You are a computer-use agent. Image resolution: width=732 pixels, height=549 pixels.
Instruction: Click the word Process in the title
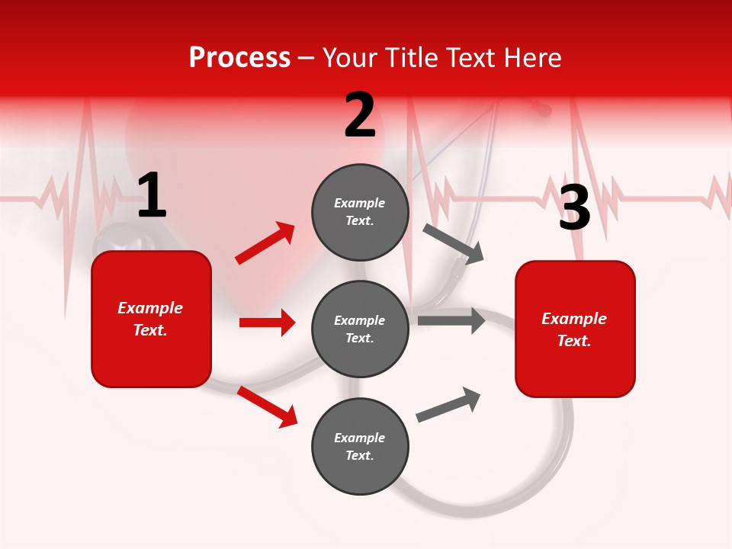click(x=239, y=58)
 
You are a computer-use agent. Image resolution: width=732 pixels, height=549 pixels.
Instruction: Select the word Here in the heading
click(x=531, y=58)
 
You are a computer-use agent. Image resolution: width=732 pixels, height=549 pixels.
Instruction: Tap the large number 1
click(x=152, y=196)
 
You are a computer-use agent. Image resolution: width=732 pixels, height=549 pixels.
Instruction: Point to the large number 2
click(x=360, y=115)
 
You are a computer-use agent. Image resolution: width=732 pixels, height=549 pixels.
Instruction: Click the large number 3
click(x=574, y=208)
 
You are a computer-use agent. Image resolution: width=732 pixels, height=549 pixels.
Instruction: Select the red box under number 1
click(x=151, y=319)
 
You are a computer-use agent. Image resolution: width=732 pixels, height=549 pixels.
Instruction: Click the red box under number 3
click(x=575, y=329)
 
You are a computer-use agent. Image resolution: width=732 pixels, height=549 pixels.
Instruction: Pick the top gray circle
click(x=360, y=212)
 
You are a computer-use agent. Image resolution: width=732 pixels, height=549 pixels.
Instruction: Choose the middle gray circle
click(x=360, y=329)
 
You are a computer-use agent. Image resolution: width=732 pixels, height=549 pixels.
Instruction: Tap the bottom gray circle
click(x=360, y=446)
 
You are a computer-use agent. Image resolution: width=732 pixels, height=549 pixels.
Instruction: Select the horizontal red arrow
click(x=267, y=323)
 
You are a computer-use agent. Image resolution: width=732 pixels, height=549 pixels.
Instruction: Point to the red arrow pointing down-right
click(x=268, y=406)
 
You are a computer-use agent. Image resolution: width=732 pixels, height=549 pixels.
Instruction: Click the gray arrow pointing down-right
click(x=454, y=243)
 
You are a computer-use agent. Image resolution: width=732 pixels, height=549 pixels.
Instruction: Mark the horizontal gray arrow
click(x=451, y=321)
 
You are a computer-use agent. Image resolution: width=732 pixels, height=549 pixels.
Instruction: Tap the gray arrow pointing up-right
click(x=448, y=404)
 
